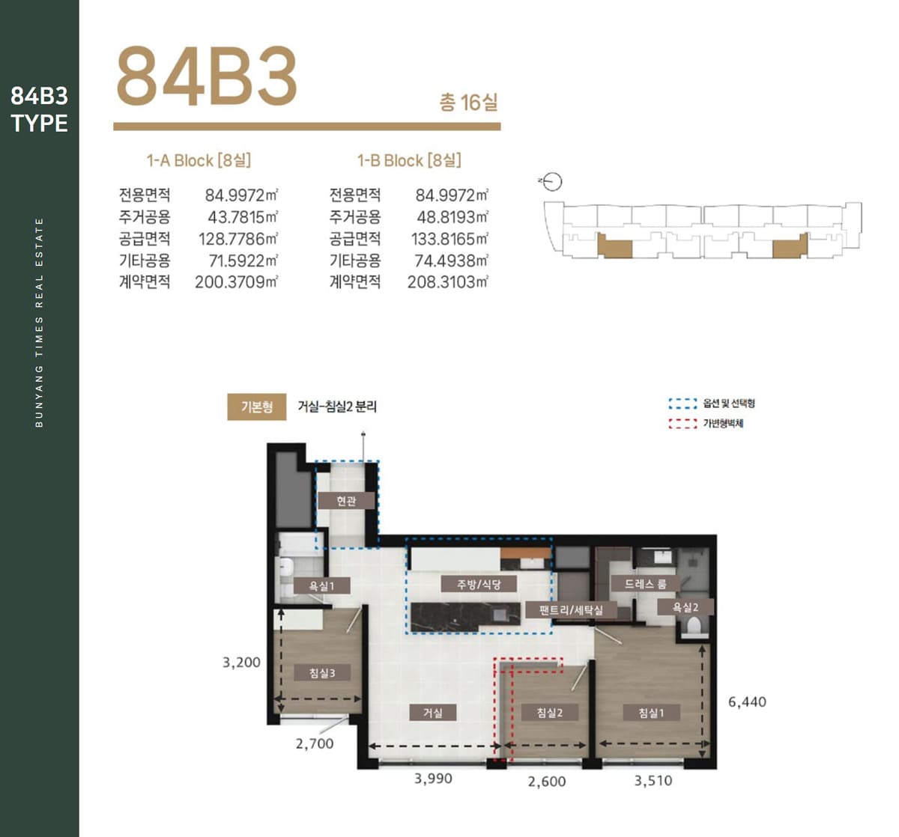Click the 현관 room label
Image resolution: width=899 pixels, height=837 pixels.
tap(346, 500)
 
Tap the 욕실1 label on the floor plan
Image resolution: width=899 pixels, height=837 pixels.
tap(321, 586)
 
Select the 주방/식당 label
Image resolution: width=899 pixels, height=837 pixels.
tap(479, 584)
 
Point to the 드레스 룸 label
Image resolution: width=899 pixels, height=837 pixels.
tap(645, 584)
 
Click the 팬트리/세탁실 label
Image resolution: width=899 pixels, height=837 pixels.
tap(572, 610)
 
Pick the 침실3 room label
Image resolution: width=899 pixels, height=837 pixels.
tap(322, 673)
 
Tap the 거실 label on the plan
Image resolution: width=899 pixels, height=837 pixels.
tap(433, 713)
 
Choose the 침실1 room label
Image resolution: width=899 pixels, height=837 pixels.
tap(651, 713)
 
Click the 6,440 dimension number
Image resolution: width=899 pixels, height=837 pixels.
tap(747, 701)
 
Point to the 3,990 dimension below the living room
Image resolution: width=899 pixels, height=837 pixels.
tap(433, 778)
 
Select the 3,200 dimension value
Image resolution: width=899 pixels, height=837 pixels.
tap(241, 663)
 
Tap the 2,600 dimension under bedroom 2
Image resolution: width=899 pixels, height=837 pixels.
tap(546, 782)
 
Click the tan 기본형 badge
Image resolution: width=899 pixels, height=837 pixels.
tap(257, 407)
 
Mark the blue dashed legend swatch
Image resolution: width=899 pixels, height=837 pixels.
tap(682, 404)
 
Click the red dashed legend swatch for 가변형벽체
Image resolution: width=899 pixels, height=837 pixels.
tap(682, 424)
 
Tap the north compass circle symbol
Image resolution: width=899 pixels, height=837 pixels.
tap(553, 182)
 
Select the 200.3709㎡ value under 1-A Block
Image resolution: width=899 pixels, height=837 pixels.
tap(236, 281)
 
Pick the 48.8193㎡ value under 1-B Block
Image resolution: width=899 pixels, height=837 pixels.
tap(452, 217)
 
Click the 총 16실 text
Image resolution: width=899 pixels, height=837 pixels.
tap(468, 103)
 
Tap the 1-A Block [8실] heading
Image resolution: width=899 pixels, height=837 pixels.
tap(199, 160)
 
